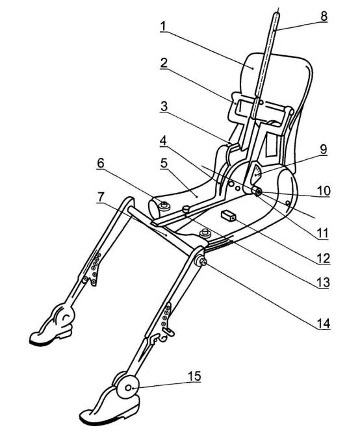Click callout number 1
point(163,26)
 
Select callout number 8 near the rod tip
point(324,16)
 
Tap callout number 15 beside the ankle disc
point(194,376)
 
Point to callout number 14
point(324,324)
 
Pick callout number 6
point(101,163)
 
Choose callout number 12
point(324,258)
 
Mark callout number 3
point(164,107)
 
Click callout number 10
point(324,191)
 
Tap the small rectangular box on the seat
point(228,216)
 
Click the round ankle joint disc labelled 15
point(128,388)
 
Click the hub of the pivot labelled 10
point(258,192)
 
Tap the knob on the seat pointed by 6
point(164,206)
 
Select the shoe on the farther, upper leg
point(53,326)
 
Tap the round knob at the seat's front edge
point(205,233)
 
